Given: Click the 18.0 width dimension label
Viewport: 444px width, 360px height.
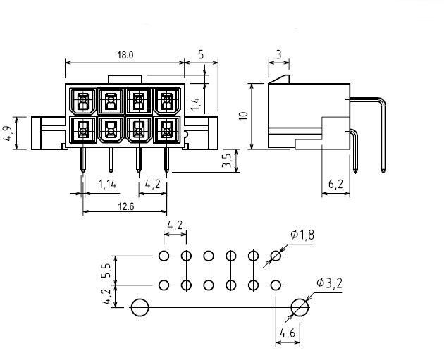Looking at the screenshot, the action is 125,55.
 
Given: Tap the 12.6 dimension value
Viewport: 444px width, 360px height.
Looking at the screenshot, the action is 125,206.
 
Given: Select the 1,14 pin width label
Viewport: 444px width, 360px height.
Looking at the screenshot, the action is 107,185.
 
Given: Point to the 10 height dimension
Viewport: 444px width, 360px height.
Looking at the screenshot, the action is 244,116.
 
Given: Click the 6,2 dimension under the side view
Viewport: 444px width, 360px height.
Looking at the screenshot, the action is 335,185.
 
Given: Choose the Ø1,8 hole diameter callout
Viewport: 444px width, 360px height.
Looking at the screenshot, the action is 302,235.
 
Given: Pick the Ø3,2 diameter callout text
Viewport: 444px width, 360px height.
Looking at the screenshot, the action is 330,283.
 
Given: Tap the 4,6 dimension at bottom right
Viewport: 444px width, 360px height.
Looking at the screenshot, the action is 288,333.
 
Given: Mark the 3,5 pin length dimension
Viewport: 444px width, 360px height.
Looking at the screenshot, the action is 227,160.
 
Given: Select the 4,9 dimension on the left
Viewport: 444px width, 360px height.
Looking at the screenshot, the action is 7,133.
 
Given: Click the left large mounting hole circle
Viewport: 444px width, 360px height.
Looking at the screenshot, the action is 140,307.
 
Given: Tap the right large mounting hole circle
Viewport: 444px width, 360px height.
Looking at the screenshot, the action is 300,307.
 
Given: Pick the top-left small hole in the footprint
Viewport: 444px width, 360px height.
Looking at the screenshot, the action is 164,256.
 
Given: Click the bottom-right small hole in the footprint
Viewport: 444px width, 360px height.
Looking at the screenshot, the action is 276,285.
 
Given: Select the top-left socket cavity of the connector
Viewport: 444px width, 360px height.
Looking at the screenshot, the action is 82,101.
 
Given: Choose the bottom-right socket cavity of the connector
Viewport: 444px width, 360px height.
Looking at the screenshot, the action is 166,130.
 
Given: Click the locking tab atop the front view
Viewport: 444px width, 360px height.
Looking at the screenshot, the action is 125,79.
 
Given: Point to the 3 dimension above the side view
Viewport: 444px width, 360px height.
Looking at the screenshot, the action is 279,55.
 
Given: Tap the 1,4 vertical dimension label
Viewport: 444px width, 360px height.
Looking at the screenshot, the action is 195,104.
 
